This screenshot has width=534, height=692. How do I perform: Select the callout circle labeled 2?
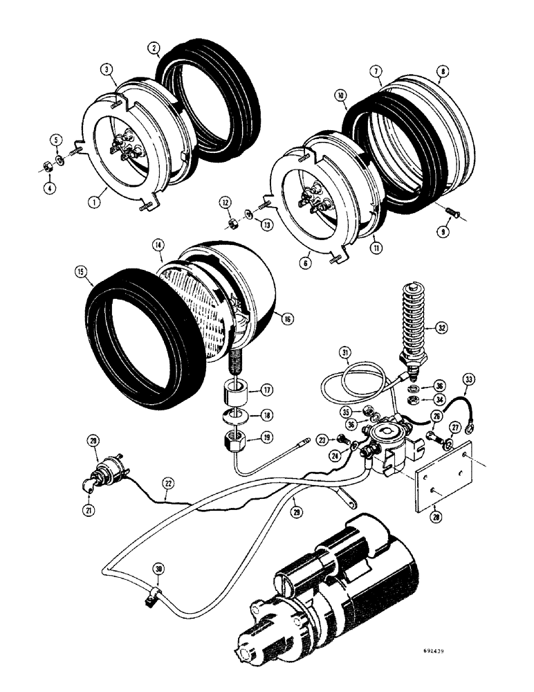pyautogui.click(x=154, y=48)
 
